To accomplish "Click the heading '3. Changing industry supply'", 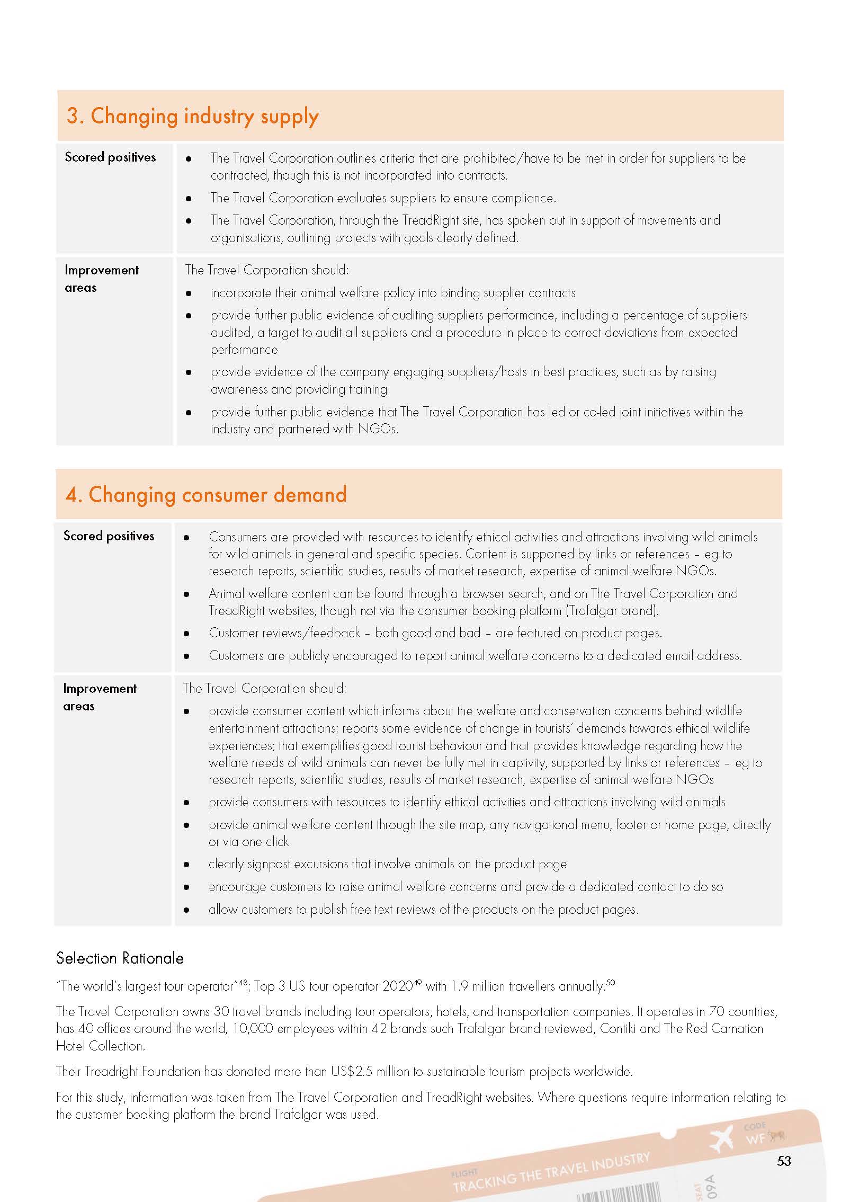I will (x=192, y=117).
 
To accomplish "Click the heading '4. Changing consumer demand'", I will (x=206, y=495).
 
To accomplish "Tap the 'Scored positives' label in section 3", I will (x=110, y=157).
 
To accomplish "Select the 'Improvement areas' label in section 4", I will (x=100, y=697).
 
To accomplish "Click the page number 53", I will (x=784, y=1161).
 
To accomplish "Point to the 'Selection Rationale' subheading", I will (x=120, y=958).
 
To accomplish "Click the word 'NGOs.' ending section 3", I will (x=378, y=429).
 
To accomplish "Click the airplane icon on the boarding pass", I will (x=721, y=1138).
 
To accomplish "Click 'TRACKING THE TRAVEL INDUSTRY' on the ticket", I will (x=551, y=1172).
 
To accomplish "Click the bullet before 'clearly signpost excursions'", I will (x=186, y=865).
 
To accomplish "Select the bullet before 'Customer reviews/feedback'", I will (x=186, y=634).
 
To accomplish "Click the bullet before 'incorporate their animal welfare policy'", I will (x=189, y=293).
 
